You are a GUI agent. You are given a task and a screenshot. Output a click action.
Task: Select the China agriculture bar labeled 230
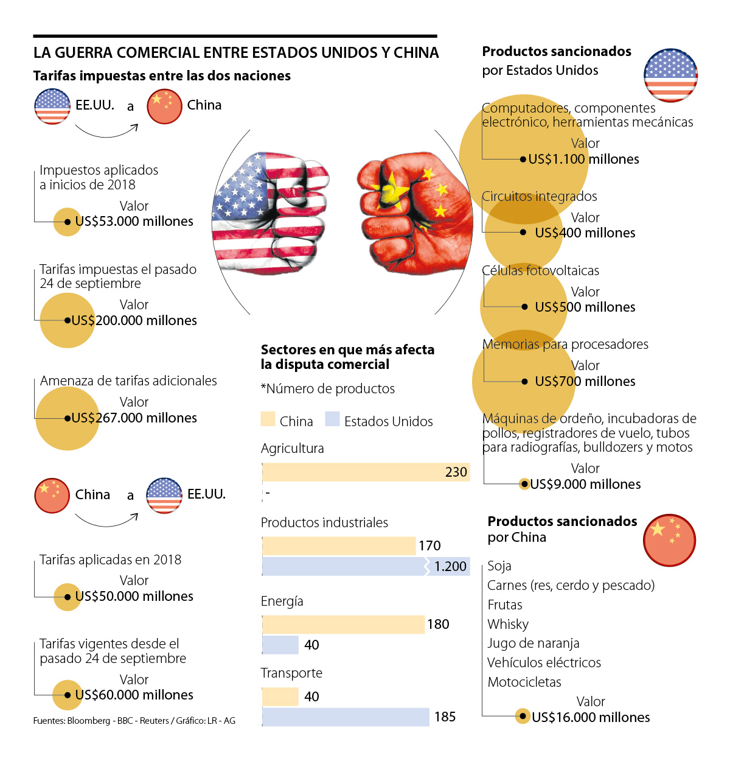tap(366, 472)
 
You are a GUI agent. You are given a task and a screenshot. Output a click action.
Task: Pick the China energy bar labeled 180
tap(343, 624)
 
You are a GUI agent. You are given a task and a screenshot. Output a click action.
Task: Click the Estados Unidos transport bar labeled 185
tap(346, 717)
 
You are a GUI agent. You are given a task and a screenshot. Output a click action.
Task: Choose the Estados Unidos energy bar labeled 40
tap(280, 645)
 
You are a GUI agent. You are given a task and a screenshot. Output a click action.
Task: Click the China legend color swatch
tap(268, 419)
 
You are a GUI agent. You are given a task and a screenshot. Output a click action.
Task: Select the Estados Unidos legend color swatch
tap(332, 419)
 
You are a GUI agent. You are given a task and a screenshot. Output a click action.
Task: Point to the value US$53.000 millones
tap(134, 222)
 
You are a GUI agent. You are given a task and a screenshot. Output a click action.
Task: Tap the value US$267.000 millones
tap(134, 418)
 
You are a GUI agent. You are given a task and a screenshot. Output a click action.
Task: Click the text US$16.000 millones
tap(591, 717)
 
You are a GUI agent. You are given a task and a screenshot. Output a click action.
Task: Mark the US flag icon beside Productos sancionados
tap(670, 75)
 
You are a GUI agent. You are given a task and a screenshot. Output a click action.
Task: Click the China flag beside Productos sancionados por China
tap(669, 540)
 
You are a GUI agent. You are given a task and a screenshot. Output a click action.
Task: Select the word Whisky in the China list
tap(508, 624)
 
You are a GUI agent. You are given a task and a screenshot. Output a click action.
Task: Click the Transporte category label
tap(291, 673)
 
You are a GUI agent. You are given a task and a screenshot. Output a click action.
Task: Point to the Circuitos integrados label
tap(540, 197)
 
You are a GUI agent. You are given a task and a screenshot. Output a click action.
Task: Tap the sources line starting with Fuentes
tap(134, 721)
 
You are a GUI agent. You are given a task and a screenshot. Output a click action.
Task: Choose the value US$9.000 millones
tap(585, 485)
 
